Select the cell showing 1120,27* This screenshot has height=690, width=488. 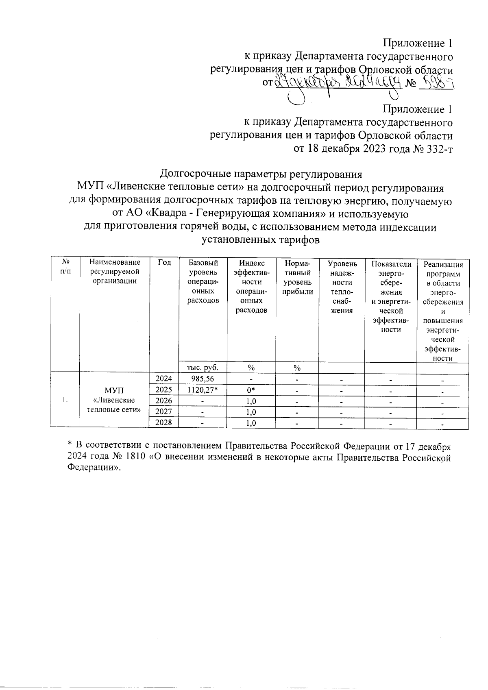point(203,390)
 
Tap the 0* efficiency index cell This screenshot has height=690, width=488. point(251,390)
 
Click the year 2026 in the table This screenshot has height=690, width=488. point(164,401)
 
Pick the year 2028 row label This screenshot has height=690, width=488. point(164,422)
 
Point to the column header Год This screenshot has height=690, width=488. point(164,263)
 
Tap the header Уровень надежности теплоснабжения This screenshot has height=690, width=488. point(342,287)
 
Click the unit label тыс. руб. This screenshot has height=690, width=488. point(203,368)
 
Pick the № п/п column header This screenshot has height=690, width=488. point(65,267)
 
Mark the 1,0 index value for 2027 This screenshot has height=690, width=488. point(251,412)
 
